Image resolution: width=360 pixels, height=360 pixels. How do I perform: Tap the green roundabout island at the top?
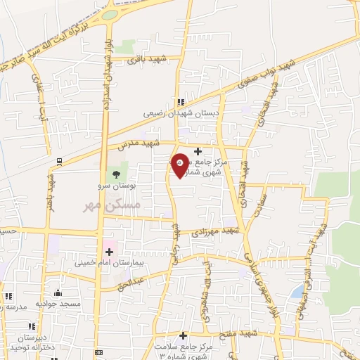(109, 14)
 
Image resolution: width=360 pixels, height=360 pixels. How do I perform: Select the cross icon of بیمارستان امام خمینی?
(109, 251)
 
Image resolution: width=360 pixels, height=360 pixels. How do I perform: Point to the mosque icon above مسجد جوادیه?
(58, 292)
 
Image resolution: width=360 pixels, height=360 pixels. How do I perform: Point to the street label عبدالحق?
(132, 282)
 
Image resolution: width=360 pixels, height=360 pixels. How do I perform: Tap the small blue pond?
(298, 290)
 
